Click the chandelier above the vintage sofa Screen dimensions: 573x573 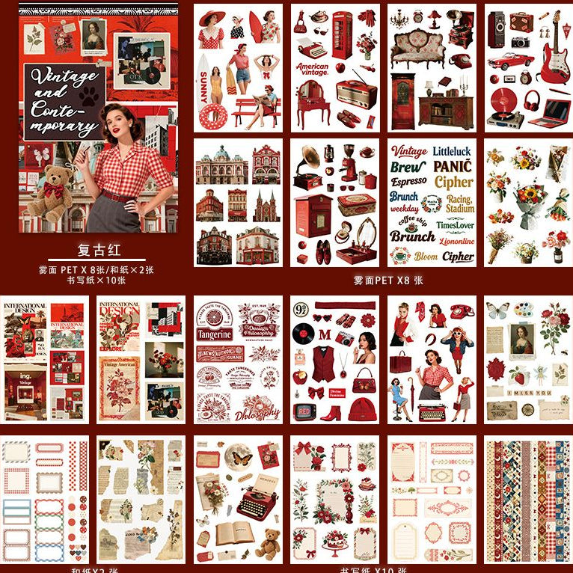click(x=407, y=18)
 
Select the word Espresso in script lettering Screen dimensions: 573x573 click(x=409, y=182)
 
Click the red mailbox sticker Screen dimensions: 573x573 click(x=312, y=215)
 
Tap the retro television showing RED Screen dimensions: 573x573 click(x=304, y=411)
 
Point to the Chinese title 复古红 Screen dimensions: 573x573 click(x=99, y=250)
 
